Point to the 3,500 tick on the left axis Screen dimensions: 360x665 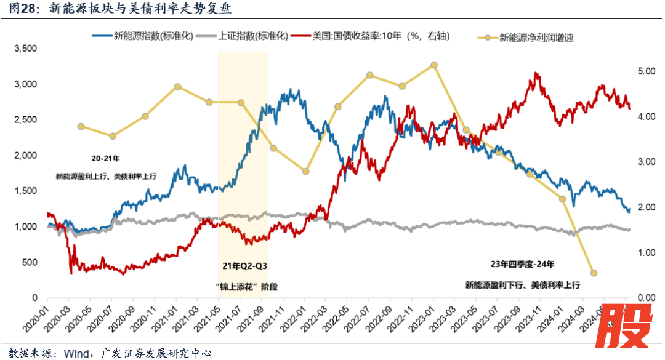(25, 48)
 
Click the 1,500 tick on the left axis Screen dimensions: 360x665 (25, 191)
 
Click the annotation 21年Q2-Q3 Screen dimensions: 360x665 (245, 266)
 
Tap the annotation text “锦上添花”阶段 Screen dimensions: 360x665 (245, 286)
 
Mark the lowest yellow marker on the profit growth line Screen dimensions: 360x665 (594, 273)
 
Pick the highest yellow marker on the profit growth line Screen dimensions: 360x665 (434, 65)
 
